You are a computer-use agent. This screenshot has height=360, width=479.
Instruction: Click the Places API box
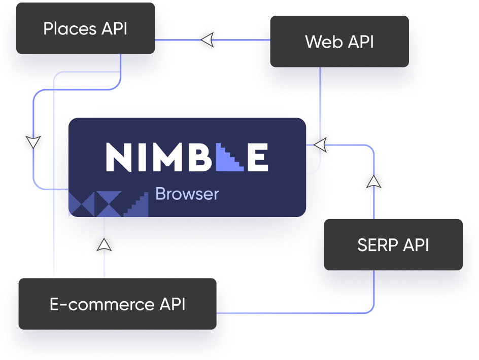click(x=85, y=29)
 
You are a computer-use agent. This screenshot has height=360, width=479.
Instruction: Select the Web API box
click(x=339, y=42)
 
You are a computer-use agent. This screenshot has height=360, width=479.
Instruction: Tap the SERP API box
click(x=393, y=245)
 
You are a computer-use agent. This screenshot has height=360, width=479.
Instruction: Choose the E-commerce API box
click(x=117, y=304)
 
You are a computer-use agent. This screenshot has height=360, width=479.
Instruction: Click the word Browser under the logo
click(x=187, y=194)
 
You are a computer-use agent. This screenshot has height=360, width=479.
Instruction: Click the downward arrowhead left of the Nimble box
click(x=33, y=142)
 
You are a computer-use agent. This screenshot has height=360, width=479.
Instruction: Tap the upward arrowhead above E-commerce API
click(x=104, y=245)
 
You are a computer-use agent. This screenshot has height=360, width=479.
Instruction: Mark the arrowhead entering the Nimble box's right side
click(x=319, y=146)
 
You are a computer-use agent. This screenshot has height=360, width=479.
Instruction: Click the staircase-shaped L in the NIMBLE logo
click(x=231, y=157)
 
